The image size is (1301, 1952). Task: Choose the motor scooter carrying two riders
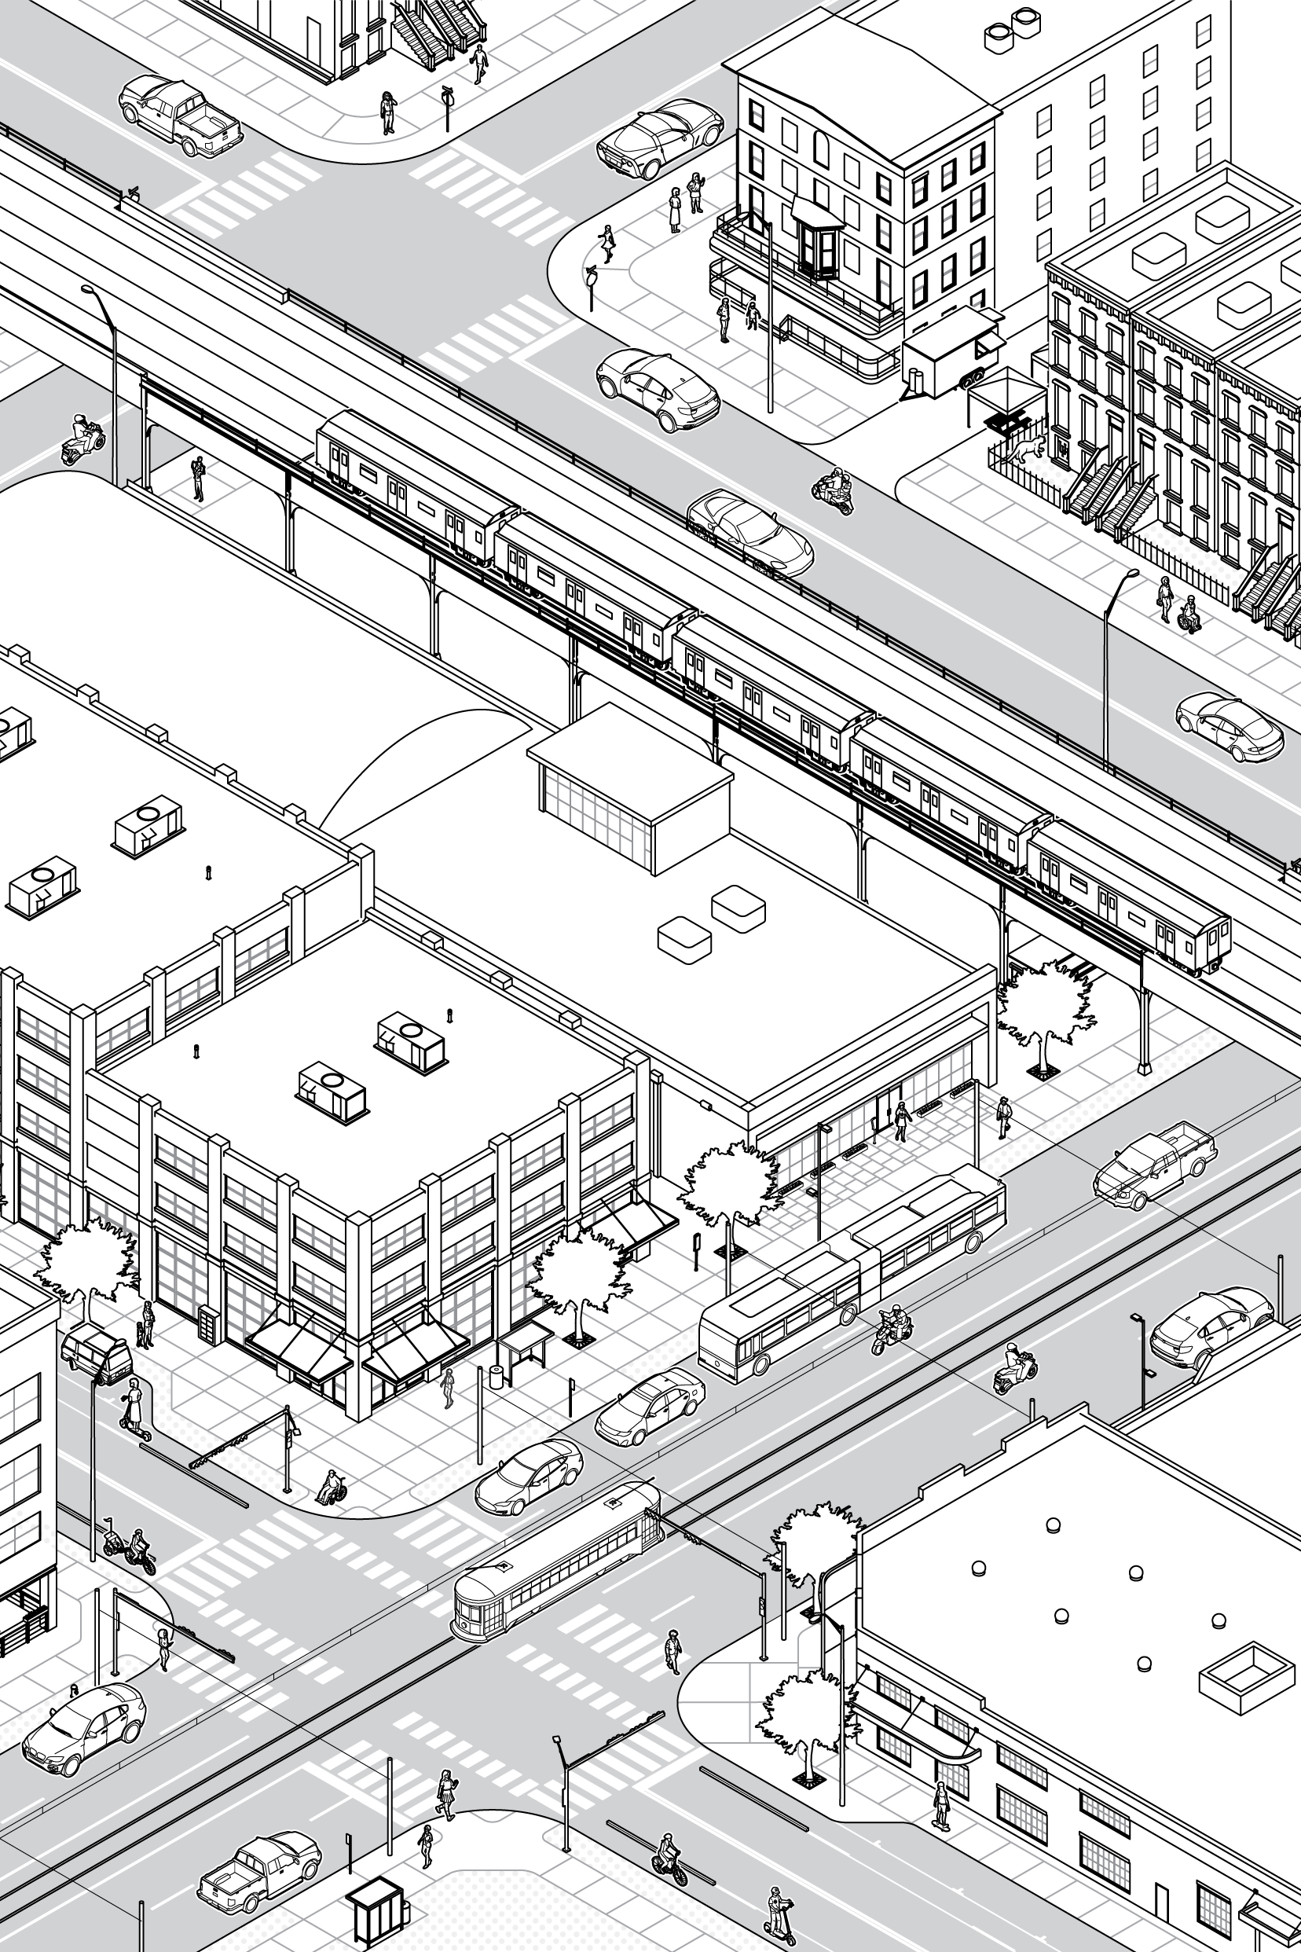pyautogui.click(x=834, y=489)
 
